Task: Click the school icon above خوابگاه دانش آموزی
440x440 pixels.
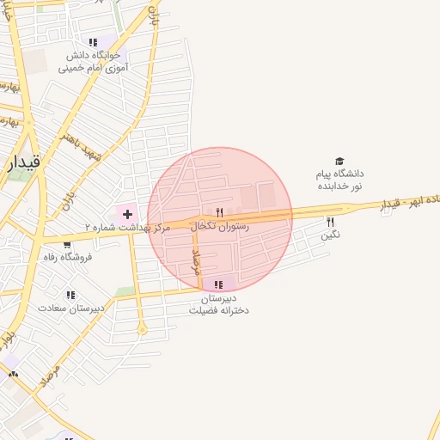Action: [x=93, y=42]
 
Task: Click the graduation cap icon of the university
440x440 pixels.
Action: [x=339, y=161]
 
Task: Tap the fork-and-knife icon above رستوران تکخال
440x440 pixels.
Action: [x=220, y=212]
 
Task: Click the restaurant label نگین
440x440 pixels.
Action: [x=331, y=234]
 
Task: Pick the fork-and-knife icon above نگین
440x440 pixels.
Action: [x=330, y=221]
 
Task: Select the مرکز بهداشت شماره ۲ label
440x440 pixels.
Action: [x=128, y=228]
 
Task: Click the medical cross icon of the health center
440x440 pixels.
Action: [x=127, y=212]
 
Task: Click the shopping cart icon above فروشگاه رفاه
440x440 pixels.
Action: [x=55, y=245]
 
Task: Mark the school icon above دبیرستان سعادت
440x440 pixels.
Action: [x=70, y=294]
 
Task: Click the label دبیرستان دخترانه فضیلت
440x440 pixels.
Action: [x=219, y=304]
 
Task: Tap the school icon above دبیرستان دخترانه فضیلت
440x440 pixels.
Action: [x=219, y=284]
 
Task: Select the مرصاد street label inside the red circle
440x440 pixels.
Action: [x=197, y=260]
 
